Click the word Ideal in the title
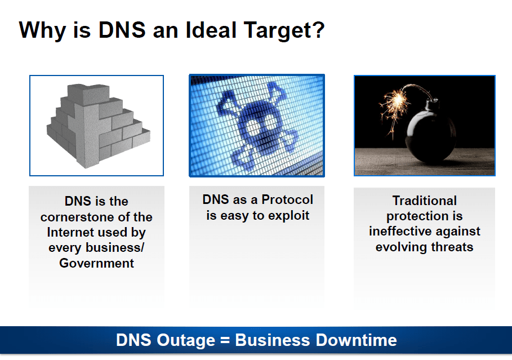tap(211, 30)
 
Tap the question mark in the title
tap(316, 30)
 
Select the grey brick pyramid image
tap(98, 126)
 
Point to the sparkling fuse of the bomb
tap(397, 105)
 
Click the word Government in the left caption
tap(96, 263)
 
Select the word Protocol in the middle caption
tap(287, 199)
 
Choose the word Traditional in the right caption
tap(425, 201)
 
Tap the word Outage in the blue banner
tap(186, 341)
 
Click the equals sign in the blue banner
tap(225, 340)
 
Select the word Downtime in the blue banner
tap(357, 340)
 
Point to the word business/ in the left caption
tap(114, 248)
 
